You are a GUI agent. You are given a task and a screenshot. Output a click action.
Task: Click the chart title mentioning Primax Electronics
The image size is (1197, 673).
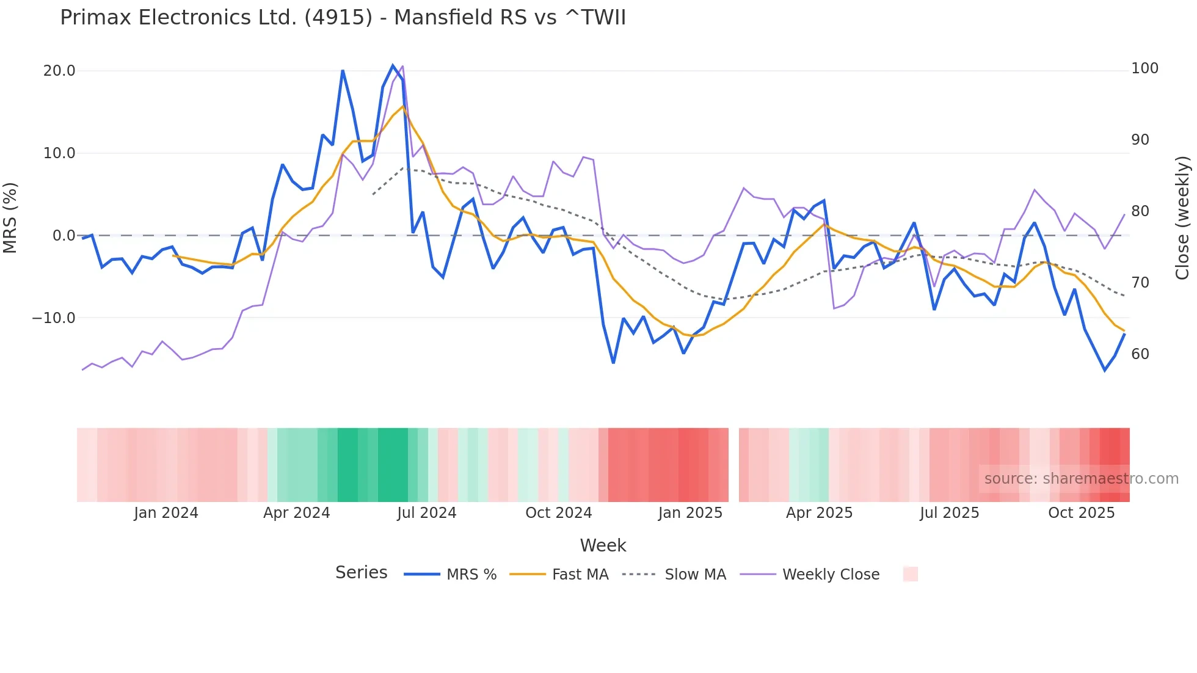coord(343,18)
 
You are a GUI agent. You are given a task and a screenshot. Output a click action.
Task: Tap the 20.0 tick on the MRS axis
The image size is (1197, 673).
coord(59,71)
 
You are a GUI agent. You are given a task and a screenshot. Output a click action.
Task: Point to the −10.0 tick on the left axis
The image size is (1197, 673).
coord(54,318)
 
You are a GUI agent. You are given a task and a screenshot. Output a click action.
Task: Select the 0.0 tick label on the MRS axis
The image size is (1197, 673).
coord(64,236)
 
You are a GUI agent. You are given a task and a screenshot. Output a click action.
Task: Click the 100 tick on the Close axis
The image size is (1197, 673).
coord(1144,68)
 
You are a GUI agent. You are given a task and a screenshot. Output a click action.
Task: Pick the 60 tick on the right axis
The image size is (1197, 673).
coord(1140,354)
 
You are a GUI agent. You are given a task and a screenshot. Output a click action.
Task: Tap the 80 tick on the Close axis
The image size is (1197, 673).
coord(1140,211)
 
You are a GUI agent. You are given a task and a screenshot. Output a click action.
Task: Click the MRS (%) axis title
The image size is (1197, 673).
coord(10,217)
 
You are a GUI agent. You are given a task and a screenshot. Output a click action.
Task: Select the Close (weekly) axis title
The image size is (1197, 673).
coord(1182,217)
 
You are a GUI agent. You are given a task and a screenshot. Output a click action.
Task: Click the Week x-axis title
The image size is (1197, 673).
coord(603,545)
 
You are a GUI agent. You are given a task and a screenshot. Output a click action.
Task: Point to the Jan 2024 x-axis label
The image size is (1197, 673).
coord(166,513)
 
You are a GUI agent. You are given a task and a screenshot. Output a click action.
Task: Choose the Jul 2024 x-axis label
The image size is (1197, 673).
coord(426,513)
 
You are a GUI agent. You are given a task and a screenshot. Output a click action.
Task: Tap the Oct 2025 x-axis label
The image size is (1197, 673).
coord(1081,513)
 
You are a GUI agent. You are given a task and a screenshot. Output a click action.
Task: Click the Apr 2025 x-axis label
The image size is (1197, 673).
coord(819,513)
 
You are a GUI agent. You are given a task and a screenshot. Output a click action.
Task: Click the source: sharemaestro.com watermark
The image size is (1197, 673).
coord(1081,479)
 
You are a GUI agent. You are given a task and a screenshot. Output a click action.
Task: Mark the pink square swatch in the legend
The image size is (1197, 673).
coord(910,574)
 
